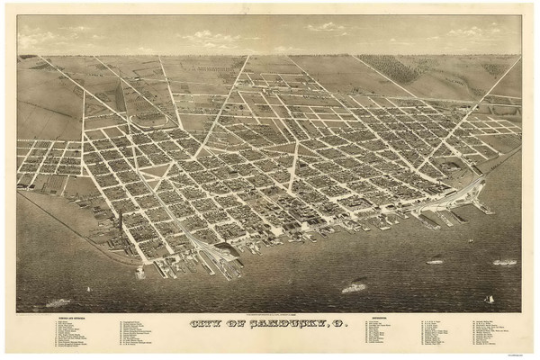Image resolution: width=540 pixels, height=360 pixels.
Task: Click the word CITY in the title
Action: (x=206, y=325)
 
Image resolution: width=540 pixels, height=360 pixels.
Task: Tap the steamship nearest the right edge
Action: (x=504, y=262)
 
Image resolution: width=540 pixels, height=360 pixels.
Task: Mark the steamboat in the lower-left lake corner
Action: (x=59, y=302)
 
